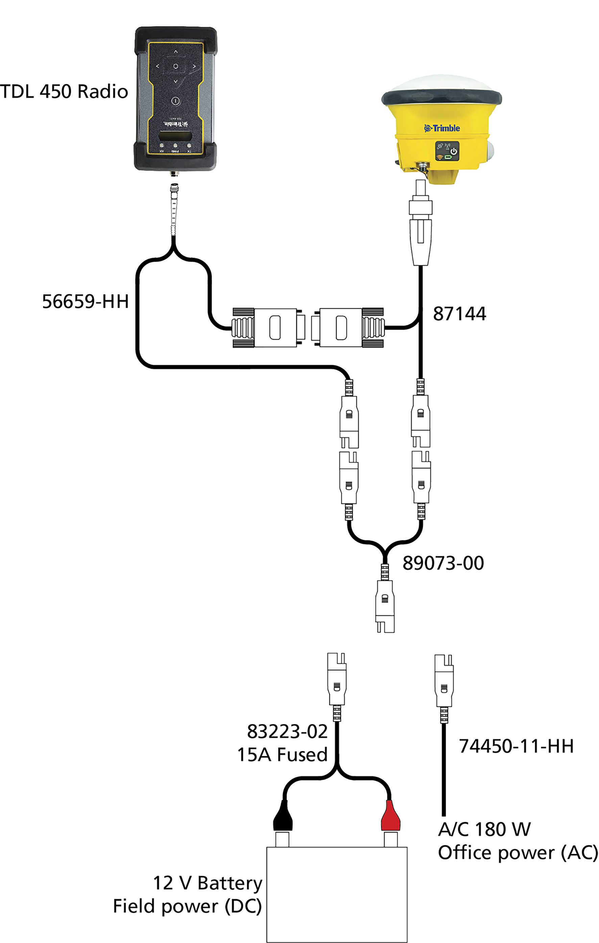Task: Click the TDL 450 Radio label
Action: (x=64, y=91)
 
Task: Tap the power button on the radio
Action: (x=175, y=101)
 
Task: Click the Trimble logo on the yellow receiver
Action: (x=442, y=128)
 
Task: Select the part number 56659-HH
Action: (x=85, y=302)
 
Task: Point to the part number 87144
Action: (x=459, y=314)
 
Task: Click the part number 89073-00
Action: (x=443, y=563)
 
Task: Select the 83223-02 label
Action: (x=287, y=731)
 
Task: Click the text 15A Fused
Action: (x=282, y=755)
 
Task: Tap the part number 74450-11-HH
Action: (x=516, y=746)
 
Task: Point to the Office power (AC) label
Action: (x=518, y=853)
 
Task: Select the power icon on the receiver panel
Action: (x=454, y=151)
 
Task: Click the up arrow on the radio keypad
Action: (x=176, y=51)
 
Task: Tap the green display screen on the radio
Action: (x=175, y=136)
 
